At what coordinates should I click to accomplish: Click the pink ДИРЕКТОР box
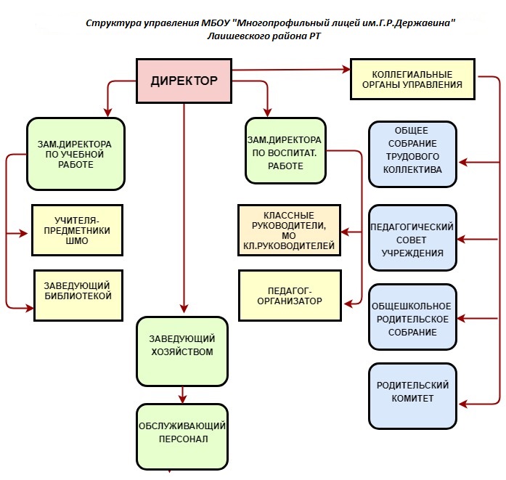click(x=184, y=81)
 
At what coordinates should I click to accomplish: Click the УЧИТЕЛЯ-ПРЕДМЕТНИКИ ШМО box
click(x=78, y=230)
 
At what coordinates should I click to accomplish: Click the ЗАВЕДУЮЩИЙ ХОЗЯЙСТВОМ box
click(x=181, y=351)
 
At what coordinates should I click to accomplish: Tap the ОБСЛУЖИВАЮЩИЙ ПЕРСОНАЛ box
click(x=181, y=434)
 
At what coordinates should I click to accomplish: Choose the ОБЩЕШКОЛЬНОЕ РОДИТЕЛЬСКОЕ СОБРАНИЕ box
click(x=412, y=318)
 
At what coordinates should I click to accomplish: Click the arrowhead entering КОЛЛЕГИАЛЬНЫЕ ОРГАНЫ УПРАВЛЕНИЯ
click(x=346, y=70)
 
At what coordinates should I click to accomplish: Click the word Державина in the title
click(x=424, y=23)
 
